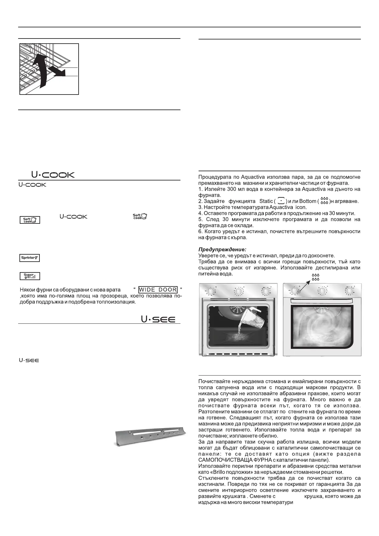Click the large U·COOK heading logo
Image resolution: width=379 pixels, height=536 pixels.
point(53,175)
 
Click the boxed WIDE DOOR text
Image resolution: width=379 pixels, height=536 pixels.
point(158,290)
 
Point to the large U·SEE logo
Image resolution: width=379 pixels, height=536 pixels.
point(158,319)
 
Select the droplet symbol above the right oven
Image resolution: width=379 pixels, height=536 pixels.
point(315,277)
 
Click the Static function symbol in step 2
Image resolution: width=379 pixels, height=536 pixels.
point(281,201)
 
